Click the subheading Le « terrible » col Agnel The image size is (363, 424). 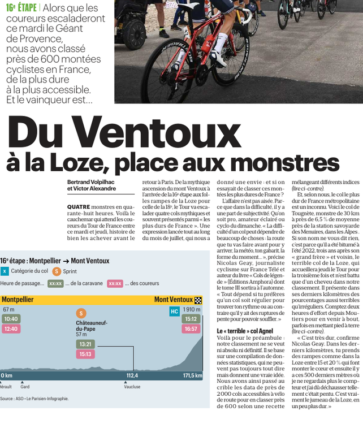244,331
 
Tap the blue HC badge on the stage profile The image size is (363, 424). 174,311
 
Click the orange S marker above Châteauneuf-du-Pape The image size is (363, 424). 81,313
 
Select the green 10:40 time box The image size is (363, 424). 11,319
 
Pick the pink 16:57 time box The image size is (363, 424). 191,328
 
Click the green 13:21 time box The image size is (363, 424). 85,344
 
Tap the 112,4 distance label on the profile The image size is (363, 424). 132,375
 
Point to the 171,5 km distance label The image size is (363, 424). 192,375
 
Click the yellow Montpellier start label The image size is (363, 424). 18,300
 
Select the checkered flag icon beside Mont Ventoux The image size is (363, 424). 198,300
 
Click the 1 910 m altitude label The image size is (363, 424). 192,310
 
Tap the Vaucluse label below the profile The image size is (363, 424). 132,387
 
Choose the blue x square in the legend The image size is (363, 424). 5,271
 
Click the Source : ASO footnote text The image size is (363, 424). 34,399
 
